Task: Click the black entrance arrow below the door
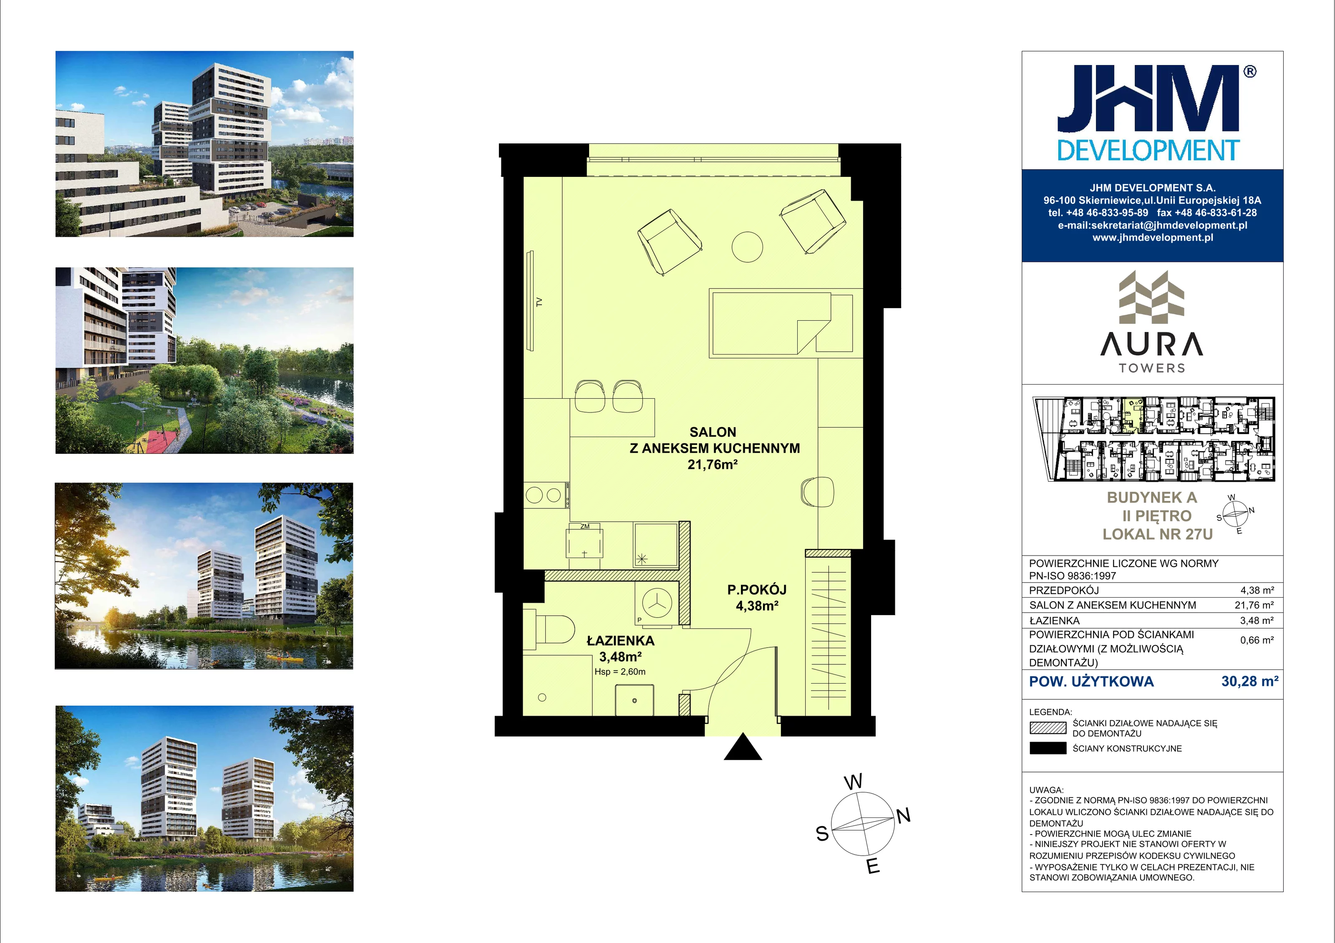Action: [743, 747]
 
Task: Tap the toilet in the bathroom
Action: [549, 629]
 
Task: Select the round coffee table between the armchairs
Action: [747, 247]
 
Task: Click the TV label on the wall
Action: [539, 302]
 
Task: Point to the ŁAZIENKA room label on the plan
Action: [620, 641]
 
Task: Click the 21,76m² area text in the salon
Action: [713, 465]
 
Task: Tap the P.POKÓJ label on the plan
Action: [757, 589]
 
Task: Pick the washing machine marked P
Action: [656, 604]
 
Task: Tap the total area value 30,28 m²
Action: [1249, 681]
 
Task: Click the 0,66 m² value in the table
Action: [1257, 640]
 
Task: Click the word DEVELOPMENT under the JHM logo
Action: [1149, 151]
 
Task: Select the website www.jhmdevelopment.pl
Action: [1152, 237]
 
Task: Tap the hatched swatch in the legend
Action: [1048, 728]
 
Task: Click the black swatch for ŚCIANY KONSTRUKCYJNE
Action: [1048, 748]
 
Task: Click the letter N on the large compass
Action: [903, 816]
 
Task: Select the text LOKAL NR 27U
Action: [1158, 534]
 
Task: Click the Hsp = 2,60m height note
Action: [620, 671]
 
